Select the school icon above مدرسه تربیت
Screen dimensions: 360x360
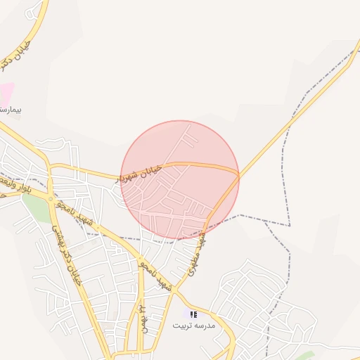click(193, 314)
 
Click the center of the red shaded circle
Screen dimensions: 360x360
click(180, 180)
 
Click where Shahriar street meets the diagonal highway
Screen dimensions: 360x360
click(239, 173)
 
